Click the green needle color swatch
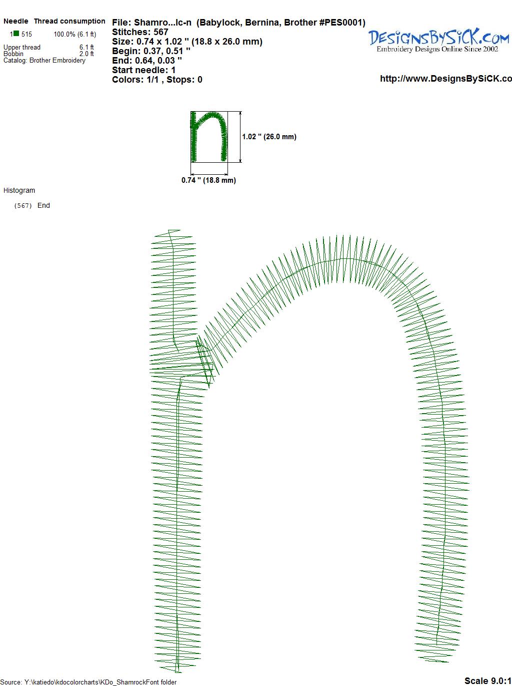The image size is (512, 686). [x=16, y=34]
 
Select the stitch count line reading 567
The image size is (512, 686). [x=140, y=32]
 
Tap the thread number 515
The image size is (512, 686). [x=26, y=34]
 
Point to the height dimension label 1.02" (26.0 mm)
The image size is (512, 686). [x=269, y=137]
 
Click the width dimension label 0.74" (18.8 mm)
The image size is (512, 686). [x=208, y=180]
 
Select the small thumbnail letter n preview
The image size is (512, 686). [x=209, y=137]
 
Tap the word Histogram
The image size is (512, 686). [x=19, y=190]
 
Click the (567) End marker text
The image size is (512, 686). [x=32, y=205]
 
